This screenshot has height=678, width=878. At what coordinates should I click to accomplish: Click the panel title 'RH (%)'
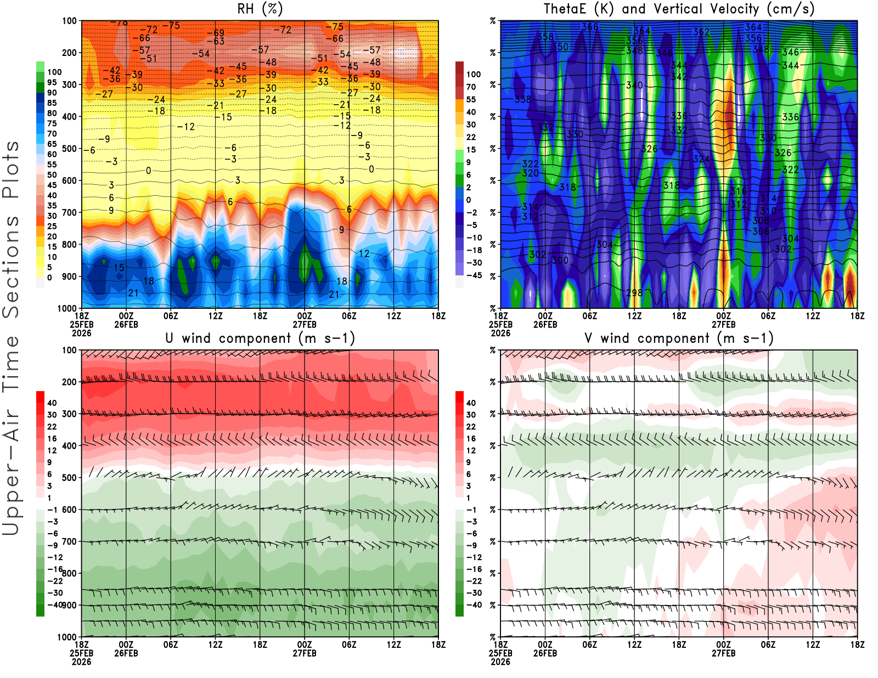coord(260,9)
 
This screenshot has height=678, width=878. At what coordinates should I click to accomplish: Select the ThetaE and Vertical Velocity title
coord(679,9)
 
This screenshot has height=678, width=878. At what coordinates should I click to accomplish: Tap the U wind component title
coord(260,338)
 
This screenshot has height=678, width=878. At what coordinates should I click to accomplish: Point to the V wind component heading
coord(679,338)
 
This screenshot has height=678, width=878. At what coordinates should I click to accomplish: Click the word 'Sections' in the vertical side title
coord(11,266)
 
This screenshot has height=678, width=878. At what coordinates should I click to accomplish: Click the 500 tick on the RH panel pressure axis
coord(69,148)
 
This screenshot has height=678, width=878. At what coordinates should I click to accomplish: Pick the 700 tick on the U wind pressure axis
coord(69,541)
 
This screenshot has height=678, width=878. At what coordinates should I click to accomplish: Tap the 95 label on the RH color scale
coord(52,82)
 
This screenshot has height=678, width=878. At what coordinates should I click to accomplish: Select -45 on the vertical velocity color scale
coord(474,275)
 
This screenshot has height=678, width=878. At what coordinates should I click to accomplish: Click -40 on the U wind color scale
coord(54,604)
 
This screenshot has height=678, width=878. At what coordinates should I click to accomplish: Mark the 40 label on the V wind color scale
coord(471,403)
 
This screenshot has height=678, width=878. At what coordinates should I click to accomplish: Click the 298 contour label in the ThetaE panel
coord(634,292)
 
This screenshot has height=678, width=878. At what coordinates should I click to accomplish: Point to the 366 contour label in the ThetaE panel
coord(590,27)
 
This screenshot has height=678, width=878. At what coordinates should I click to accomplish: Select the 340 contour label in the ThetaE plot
coord(634,85)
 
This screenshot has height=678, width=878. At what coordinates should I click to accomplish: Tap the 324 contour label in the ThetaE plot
coord(701,159)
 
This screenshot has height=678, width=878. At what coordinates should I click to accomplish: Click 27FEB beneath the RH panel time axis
coord(305,324)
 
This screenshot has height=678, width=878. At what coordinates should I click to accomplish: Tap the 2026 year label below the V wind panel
coord(500,662)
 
